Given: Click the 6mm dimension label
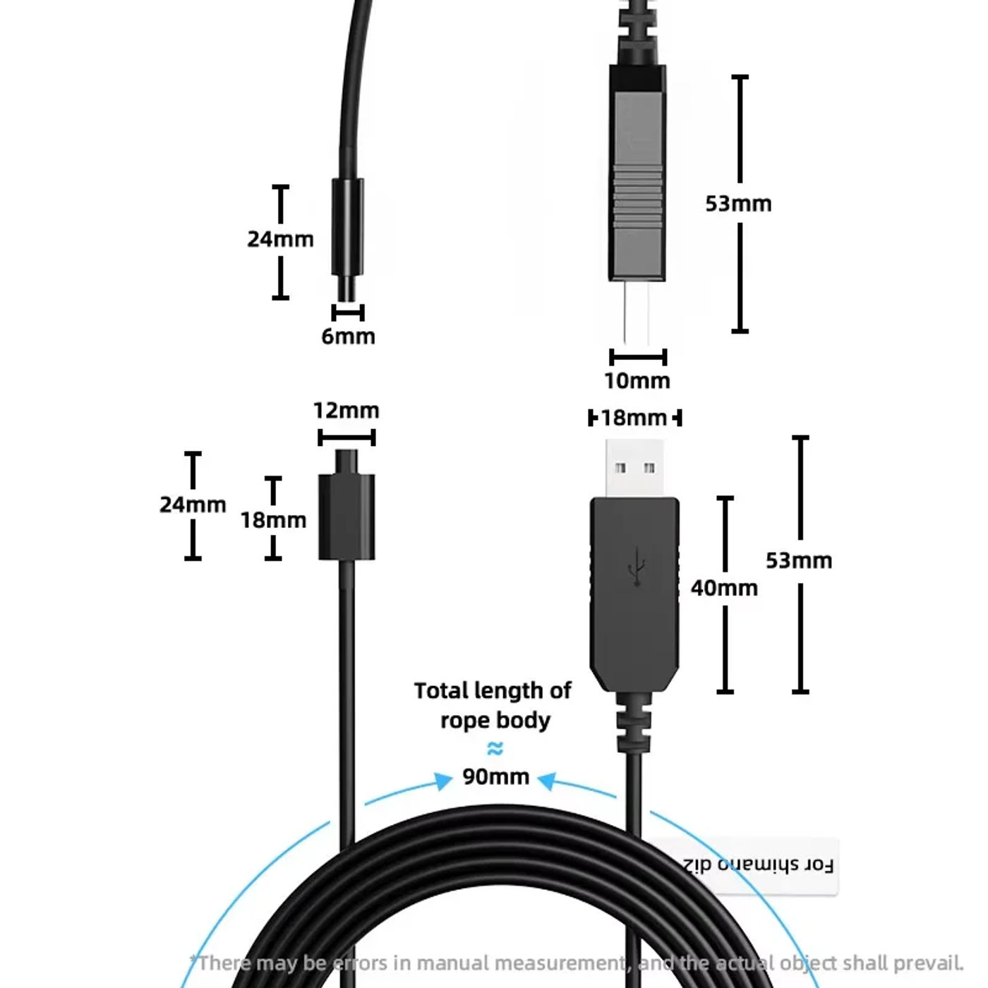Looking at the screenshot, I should pyautogui.click(x=348, y=336).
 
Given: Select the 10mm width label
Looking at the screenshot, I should pyautogui.click(x=637, y=380).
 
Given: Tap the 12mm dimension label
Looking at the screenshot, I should pyautogui.click(x=346, y=410).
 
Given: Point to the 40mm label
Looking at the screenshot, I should pyautogui.click(x=724, y=587).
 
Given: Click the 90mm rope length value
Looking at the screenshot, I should pyautogui.click(x=495, y=776).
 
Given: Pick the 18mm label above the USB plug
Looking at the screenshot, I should pyautogui.click(x=634, y=418).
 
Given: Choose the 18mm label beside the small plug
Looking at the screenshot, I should pyautogui.click(x=273, y=520).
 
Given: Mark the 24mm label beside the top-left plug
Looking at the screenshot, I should pyautogui.click(x=280, y=239).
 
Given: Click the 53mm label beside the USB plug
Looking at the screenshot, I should pyautogui.click(x=799, y=560).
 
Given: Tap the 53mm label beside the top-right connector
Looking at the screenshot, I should pyautogui.click(x=738, y=203).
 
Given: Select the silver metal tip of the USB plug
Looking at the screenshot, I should pyautogui.click(x=634, y=467).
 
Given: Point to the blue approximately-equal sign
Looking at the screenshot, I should pyautogui.click(x=495, y=748).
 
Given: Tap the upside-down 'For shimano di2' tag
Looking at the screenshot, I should pyautogui.click(x=757, y=865).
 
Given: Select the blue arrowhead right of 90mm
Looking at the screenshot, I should pyautogui.click(x=548, y=781).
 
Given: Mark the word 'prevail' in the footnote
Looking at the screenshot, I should pyautogui.click(x=927, y=963).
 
